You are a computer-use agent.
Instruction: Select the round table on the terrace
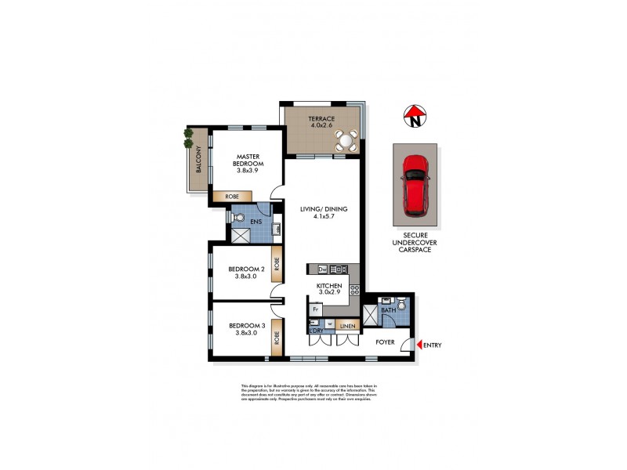pos(345,140)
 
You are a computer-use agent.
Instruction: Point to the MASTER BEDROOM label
pos(251,161)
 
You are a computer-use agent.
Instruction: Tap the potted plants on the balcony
pos(189,138)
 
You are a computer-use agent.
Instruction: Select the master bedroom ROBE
pos(232,197)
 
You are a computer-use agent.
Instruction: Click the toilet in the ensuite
pos(240,219)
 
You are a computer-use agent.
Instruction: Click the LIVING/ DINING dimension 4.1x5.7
pos(323,219)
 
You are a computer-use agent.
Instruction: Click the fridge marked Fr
pos(315,309)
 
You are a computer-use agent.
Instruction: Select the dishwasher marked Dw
pos(322,270)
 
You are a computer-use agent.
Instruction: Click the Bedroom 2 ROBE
pos(276,262)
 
